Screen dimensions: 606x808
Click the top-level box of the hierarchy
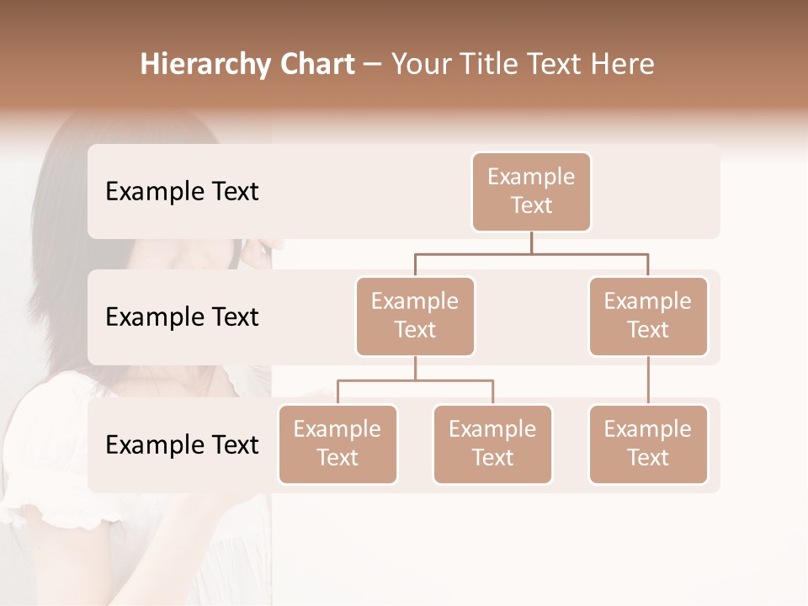[x=531, y=191]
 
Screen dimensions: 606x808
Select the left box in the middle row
[x=415, y=316]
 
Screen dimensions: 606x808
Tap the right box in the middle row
[x=648, y=316]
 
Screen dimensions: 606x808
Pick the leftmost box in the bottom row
[x=338, y=444]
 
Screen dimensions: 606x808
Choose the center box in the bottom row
[x=492, y=444]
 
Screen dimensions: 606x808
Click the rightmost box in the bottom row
[x=648, y=444]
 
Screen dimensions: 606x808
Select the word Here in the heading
[x=623, y=65]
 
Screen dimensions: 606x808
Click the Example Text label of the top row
[x=182, y=192]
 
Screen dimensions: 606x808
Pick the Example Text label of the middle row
[x=182, y=317]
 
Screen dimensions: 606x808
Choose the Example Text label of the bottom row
[x=182, y=444]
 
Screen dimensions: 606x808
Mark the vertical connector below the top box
[x=531, y=242]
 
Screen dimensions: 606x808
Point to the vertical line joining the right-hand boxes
[x=648, y=380]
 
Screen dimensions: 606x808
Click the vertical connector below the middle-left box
[x=415, y=368]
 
